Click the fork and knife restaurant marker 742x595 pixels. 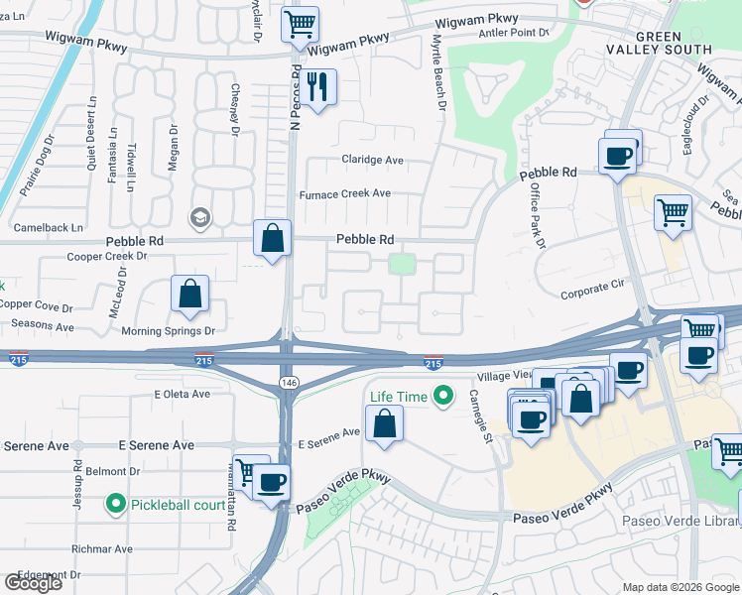(317, 86)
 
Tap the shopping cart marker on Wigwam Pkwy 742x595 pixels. (300, 24)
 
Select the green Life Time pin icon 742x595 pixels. (444, 397)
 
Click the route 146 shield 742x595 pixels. (284, 382)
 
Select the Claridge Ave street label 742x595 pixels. (373, 160)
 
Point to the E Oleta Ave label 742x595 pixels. (183, 394)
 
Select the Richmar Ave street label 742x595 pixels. (101, 548)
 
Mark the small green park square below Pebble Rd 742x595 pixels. (401, 264)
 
